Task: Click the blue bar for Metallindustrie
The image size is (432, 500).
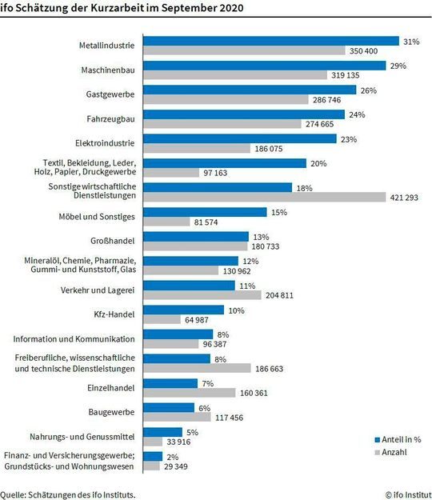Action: click(x=270, y=41)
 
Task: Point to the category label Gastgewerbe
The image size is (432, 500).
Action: click(x=110, y=95)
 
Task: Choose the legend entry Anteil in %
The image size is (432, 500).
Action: click(x=400, y=439)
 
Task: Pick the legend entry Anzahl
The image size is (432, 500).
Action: click(x=394, y=452)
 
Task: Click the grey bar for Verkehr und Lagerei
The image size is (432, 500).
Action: click(x=202, y=295)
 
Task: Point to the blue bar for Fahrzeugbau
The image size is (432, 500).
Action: click(x=243, y=114)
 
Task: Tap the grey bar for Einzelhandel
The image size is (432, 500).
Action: click(x=189, y=393)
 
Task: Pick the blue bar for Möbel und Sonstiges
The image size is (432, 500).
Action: click(x=204, y=212)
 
